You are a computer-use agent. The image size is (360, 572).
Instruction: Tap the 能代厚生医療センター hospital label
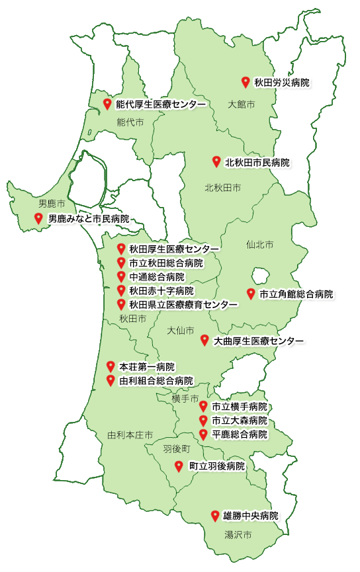(x=160, y=104)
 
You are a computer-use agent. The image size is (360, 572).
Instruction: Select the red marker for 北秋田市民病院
(x=216, y=161)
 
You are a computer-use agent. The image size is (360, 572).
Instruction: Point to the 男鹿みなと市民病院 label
(x=89, y=218)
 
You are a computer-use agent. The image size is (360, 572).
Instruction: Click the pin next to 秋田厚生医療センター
(x=121, y=249)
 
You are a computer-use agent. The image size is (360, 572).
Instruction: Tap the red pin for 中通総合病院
(x=121, y=276)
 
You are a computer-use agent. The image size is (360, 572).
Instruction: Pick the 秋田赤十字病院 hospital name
(x=161, y=291)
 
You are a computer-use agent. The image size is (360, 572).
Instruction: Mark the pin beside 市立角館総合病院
(x=251, y=294)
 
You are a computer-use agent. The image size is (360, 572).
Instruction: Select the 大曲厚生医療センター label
(x=258, y=341)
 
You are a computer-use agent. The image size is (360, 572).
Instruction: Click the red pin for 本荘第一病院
(x=111, y=366)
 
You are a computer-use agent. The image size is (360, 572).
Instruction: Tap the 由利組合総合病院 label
(x=156, y=381)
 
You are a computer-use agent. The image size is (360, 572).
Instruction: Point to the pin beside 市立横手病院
(x=203, y=406)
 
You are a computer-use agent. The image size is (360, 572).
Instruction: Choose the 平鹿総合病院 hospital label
(x=240, y=434)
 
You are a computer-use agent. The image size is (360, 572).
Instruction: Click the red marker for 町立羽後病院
(x=179, y=466)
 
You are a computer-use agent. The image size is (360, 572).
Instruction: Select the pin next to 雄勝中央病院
(x=214, y=515)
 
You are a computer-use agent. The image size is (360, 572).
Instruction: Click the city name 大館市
(x=242, y=104)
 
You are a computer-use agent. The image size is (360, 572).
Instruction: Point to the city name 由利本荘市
(x=130, y=435)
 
